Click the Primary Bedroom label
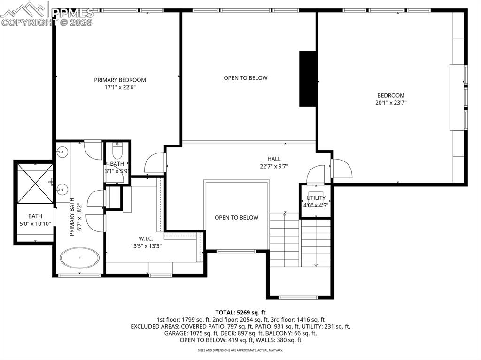click(120, 80)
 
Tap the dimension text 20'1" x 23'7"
click(390, 103)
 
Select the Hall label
click(274, 159)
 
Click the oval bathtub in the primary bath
click(79, 258)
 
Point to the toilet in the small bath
click(117, 151)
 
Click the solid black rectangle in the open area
click(308, 78)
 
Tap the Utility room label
click(316, 198)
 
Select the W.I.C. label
click(146, 238)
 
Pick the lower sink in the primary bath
click(62, 189)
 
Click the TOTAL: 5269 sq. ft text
click(240, 312)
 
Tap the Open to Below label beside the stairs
click(236, 217)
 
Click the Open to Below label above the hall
click(245, 78)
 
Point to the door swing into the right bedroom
click(342, 169)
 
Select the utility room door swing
click(315, 174)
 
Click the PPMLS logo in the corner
click(47, 14)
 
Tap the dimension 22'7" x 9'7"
click(274, 166)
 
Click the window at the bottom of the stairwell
click(298, 297)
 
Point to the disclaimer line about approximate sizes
click(240, 350)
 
